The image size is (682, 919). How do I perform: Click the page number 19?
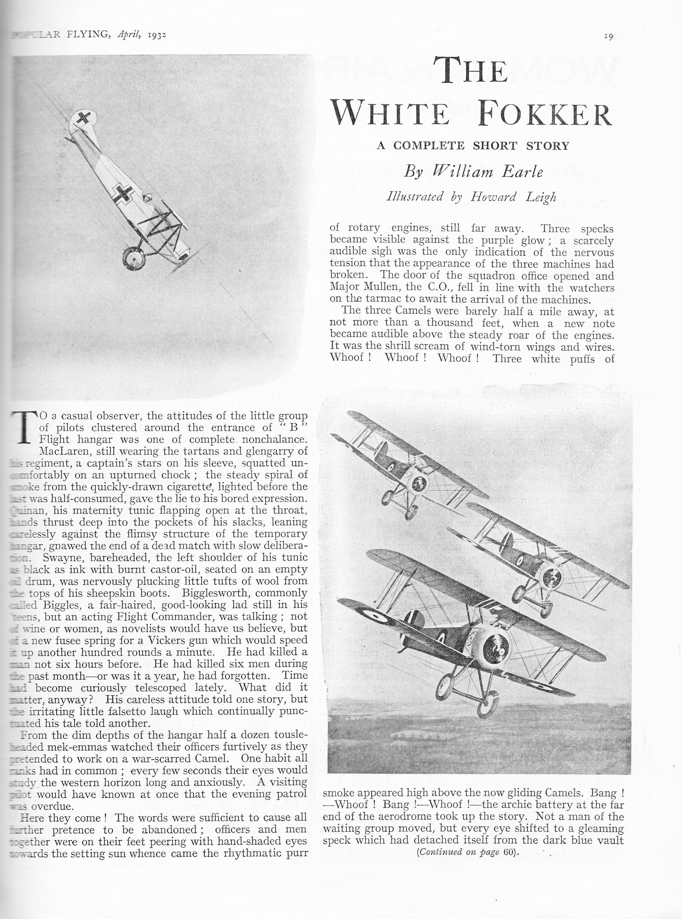(x=608, y=36)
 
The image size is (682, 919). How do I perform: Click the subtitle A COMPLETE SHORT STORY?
(x=473, y=146)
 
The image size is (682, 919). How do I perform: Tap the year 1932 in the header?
(x=156, y=35)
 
